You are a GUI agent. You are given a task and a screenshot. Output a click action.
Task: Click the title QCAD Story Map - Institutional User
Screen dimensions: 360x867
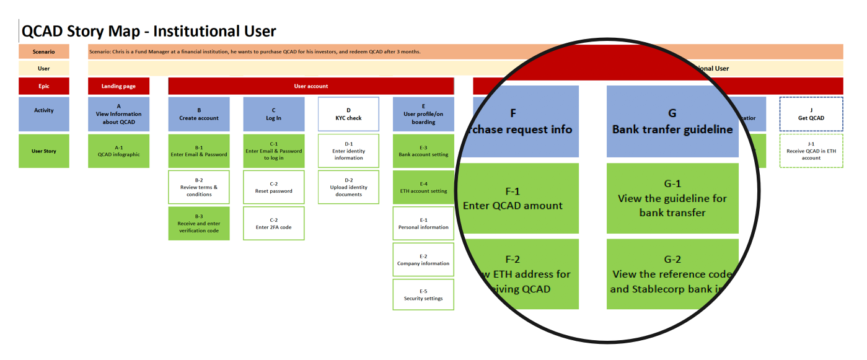coord(149,31)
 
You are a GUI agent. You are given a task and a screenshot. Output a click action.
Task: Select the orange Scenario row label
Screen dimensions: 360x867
coord(44,51)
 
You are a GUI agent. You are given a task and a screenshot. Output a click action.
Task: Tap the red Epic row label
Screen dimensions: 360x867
coord(44,86)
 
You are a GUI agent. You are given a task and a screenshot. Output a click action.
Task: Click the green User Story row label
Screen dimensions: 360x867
coord(44,151)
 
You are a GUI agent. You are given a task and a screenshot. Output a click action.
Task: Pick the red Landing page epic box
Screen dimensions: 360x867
coord(118,86)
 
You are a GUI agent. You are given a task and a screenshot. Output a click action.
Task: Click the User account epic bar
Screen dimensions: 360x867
coord(311,86)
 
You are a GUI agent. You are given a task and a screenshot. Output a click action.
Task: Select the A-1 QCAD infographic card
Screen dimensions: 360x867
coord(118,151)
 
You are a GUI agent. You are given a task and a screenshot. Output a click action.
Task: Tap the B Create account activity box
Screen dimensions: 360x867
coord(199,114)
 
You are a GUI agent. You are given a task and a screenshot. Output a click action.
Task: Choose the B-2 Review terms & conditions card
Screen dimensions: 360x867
coord(199,187)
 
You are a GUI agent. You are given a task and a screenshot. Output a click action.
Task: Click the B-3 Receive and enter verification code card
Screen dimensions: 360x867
coord(199,224)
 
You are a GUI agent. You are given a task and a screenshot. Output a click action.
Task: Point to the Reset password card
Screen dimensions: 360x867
coord(273,187)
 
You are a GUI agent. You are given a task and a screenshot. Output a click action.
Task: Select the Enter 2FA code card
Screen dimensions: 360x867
coord(273,224)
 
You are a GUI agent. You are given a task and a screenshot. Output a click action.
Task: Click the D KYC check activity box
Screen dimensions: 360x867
coord(348,114)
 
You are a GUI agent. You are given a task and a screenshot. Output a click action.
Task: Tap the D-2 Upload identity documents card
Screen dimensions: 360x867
coord(348,187)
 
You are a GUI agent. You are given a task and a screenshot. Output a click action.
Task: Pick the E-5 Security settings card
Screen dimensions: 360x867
coord(423,295)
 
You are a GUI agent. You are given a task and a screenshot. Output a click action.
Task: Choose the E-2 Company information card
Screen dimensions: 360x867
coord(423,260)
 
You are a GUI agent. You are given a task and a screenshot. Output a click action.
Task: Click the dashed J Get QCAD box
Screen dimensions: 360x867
coord(811,114)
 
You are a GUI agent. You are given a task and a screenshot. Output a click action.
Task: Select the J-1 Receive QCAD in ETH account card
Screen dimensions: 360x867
coord(811,151)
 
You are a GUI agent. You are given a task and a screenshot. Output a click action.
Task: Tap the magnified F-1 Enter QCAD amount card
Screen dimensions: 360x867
coord(517,198)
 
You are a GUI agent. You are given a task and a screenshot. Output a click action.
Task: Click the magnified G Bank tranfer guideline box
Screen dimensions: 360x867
coord(672,121)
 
